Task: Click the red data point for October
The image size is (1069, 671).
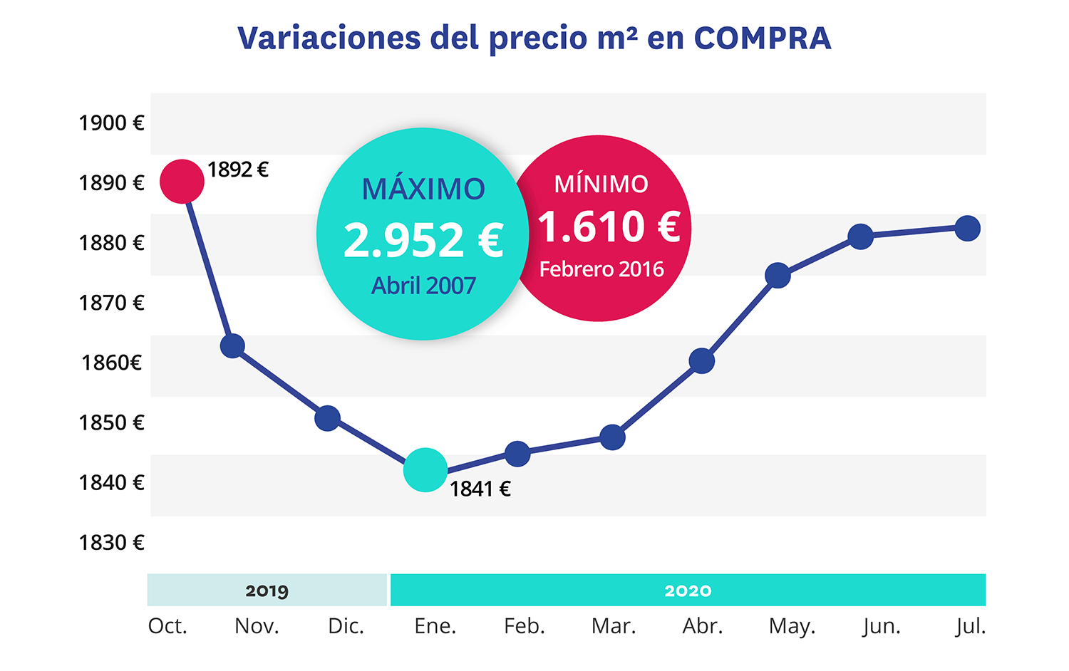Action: coord(182,182)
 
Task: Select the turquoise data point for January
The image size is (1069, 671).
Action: coord(425,470)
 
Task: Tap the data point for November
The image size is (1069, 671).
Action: coord(232,346)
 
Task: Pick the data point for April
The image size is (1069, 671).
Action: coord(702,361)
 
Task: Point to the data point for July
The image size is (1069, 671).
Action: coord(967,229)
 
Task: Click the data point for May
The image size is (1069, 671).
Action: coord(778,276)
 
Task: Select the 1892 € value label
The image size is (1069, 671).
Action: coord(238,170)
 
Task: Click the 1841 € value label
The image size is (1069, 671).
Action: coord(480,489)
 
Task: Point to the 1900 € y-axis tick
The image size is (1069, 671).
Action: coord(112,123)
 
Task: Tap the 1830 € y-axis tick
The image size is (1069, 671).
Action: coord(112,543)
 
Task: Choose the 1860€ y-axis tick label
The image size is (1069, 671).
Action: coord(112,363)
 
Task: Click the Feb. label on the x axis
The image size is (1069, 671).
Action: coord(525,626)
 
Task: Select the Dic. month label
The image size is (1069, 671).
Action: coord(346,626)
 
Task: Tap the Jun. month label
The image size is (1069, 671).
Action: coord(882,626)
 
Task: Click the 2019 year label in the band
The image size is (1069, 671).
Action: coord(267,591)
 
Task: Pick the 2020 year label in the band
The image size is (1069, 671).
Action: coord(688,591)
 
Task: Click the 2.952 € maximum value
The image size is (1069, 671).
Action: coord(423,240)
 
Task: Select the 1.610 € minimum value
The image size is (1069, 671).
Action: coord(609,227)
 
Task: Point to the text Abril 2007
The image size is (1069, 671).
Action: coord(423,286)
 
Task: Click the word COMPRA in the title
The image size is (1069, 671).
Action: coord(763,38)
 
